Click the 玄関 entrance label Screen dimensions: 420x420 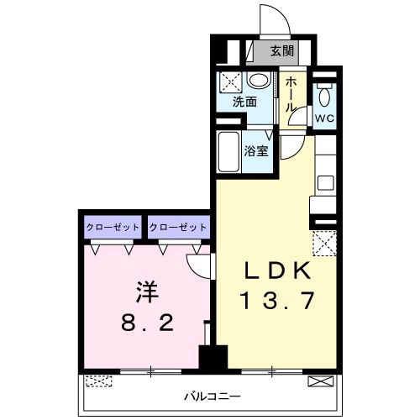coord(281,50)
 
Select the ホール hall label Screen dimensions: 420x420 coord(291,96)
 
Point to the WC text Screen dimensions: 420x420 coord(325,118)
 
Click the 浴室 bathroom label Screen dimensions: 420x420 coord(256,151)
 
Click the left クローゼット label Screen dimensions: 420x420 coord(112,227)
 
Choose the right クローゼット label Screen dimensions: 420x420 coord(177,227)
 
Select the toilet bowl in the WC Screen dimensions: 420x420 coord(325,94)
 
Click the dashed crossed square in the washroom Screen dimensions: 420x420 coord(230,83)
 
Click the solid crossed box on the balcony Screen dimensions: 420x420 coord(320,381)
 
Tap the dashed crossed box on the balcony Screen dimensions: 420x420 coord(98,381)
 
